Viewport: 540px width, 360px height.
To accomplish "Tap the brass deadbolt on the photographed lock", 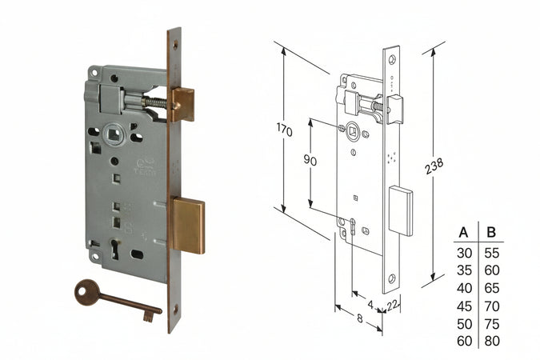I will [x=188, y=225].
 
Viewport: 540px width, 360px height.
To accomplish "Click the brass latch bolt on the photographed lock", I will [x=183, y=104].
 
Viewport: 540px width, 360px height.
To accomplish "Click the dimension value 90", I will [x=310, y=160].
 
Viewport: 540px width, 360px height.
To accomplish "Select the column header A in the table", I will [x=462, y=234].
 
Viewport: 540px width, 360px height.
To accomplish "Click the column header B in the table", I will [x=491, y=234].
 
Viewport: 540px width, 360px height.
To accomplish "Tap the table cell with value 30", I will [x=462, y=253].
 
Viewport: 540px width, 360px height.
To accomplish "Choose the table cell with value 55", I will [x=491, y=253].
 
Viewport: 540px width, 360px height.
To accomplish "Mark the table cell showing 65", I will [x=491, y=288].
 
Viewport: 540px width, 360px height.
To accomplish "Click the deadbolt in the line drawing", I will [x=401, y=211].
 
